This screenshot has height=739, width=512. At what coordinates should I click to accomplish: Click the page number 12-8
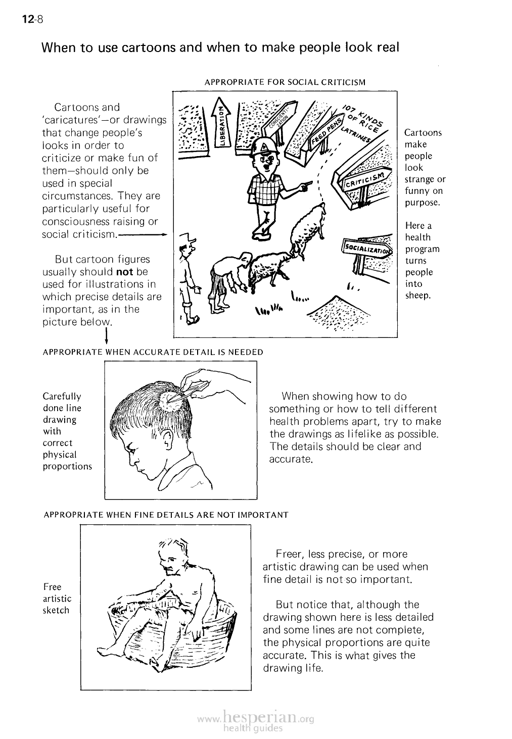(33, 20)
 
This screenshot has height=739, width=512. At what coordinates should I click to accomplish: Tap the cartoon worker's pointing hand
(305, 188)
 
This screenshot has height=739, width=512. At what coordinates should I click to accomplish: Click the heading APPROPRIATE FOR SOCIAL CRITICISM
(285, 82)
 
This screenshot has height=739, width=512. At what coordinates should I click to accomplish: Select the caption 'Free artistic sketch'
(57, 598)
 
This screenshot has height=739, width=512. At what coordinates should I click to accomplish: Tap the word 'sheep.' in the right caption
(417, 295)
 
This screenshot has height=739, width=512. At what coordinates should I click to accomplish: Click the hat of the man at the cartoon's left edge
(187, 240)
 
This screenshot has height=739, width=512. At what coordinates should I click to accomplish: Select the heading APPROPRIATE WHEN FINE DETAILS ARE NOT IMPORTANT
(166, 515)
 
